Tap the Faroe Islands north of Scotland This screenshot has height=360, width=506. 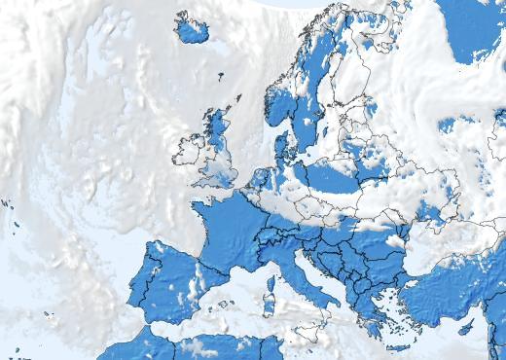click(221, 75)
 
